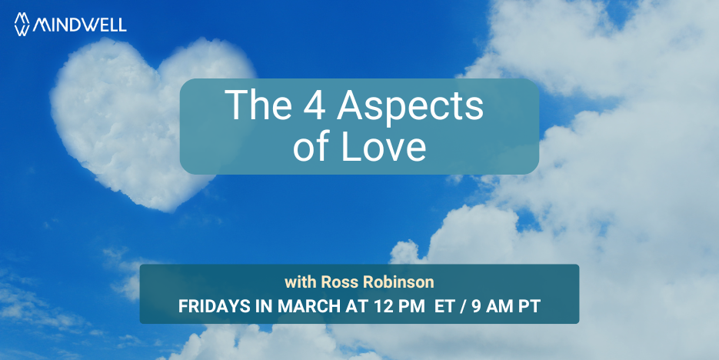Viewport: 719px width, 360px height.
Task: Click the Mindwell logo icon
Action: point(22,24)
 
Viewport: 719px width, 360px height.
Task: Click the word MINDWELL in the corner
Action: point(79,25)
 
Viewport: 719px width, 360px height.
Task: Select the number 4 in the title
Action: point(314,105)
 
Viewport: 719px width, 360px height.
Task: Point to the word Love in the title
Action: point(384,147)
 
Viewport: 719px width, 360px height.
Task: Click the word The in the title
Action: point(258,105)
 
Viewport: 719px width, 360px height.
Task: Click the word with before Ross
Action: point(301,282)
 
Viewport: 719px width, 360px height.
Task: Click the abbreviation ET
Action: point(444,307)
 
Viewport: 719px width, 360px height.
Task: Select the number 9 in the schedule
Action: point(477,307)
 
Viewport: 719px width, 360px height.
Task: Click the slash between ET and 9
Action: point(463,307)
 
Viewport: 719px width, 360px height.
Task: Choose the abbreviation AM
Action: point(499,307)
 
